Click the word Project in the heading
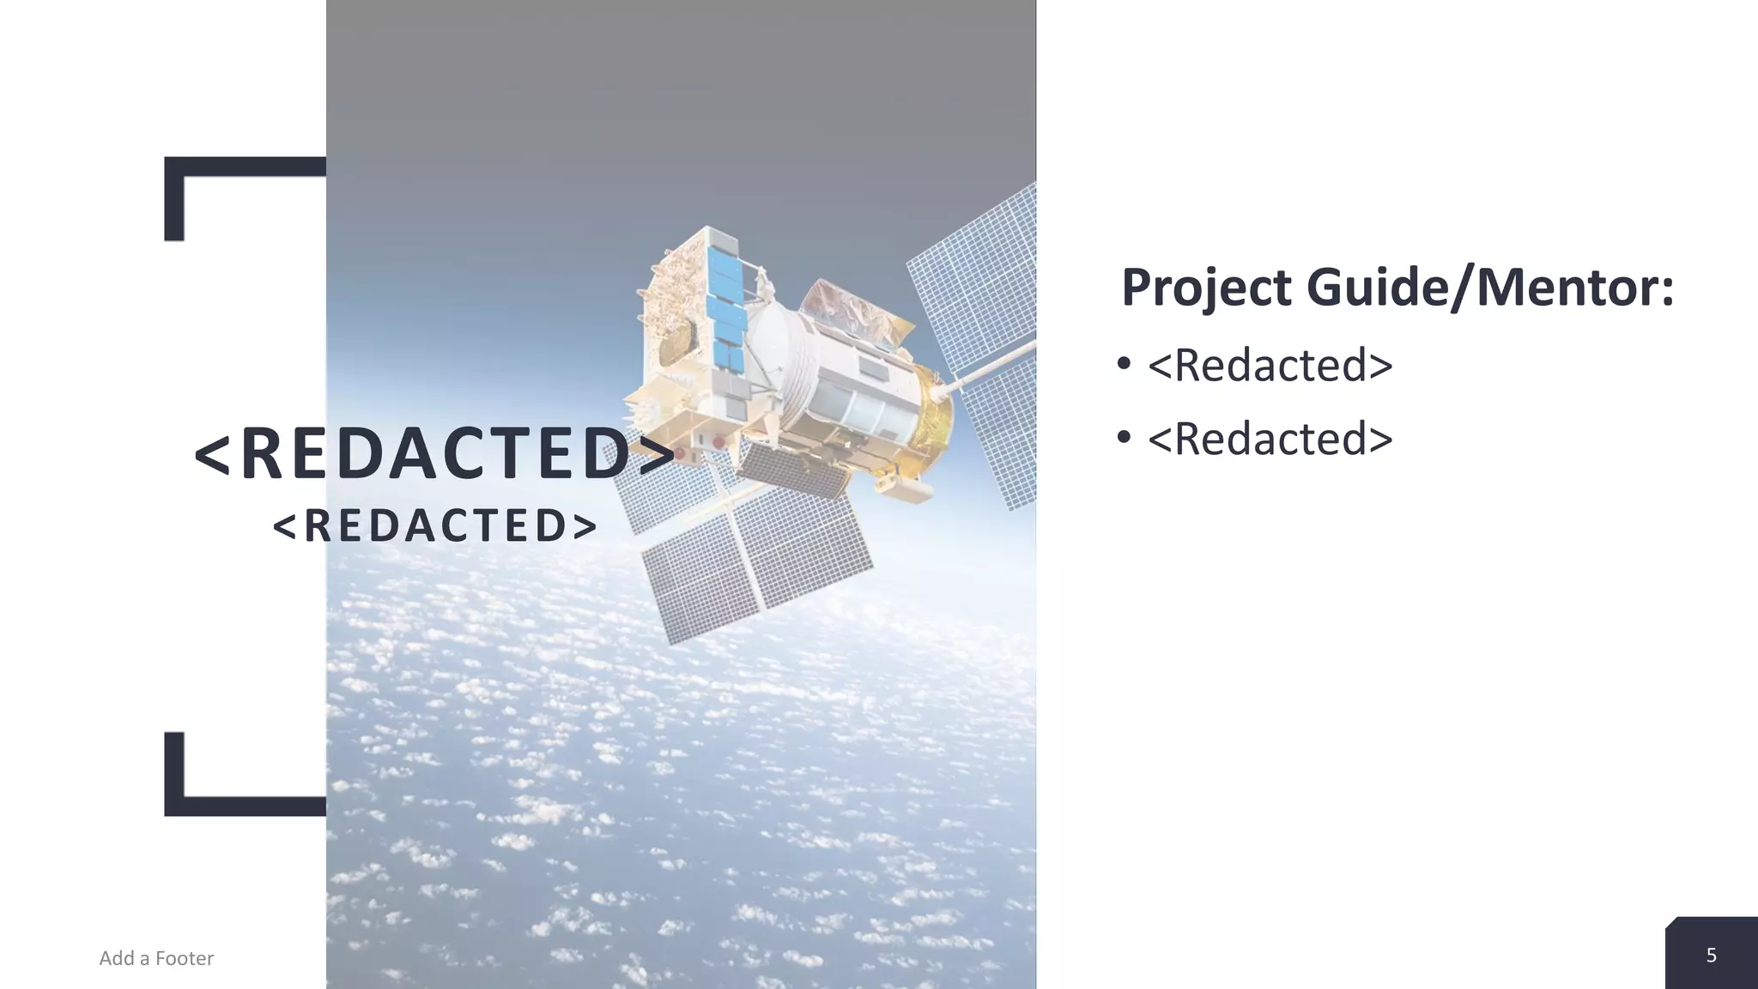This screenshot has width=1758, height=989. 1206,288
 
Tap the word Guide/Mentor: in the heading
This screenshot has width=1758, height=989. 1490,288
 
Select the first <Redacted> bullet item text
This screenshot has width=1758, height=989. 1270,366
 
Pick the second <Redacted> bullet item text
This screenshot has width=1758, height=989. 1270,440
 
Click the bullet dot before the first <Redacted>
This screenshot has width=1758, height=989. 1125,364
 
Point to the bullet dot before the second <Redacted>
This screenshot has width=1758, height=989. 1125,438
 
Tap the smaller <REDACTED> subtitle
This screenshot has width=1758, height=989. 434,525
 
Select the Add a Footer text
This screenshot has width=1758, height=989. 156,958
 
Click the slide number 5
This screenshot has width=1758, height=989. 1711,956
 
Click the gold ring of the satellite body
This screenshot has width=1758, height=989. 931,421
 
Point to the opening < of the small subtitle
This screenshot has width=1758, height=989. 284,525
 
